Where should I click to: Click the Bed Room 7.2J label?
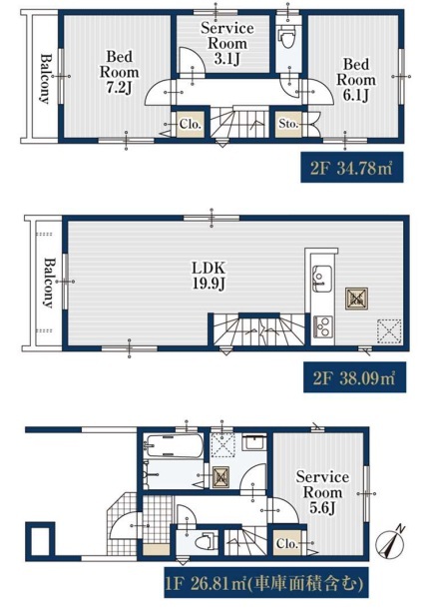[x=119, y=73]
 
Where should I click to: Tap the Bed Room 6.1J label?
[x=356, y=80]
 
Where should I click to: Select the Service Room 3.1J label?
[x=227, y=43]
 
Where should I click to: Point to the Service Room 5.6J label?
[x=322, y=492]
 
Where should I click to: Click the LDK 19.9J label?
[x=210, y=276]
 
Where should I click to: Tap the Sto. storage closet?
[x=288, y=124]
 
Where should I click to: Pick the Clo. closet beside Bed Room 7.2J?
[x=191, y=124]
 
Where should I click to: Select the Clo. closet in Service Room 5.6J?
[x=286, y=544]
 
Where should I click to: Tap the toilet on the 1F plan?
[x=205, y=541]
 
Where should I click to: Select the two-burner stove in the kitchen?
[x=323, y=326]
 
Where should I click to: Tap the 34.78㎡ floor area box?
[x=352, y=168]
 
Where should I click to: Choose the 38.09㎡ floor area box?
[x=354, y=377]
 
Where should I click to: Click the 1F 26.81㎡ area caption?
[x=266, y=583]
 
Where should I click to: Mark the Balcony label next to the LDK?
[x=48, y=283]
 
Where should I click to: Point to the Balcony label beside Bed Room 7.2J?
[x=46, y=79]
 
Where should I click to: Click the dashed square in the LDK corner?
[x=389, y=331]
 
